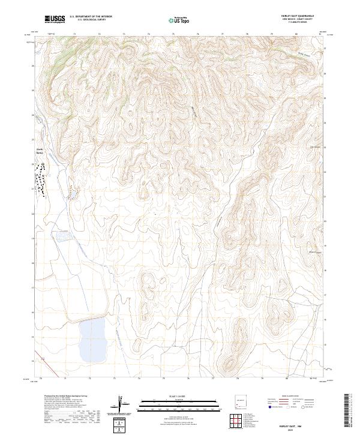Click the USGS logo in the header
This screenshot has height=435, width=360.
pyautogui.click(x=55, y=19)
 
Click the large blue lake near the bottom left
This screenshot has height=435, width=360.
pyautogui.click(x=95, y=339)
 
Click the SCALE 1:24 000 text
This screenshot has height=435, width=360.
pyautogui.click(x=179, y=397)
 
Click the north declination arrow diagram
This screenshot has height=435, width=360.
pyautogui.click(x=122, y=405)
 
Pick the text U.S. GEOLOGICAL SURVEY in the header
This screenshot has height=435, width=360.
pyautogui.click(x=91, y=20)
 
